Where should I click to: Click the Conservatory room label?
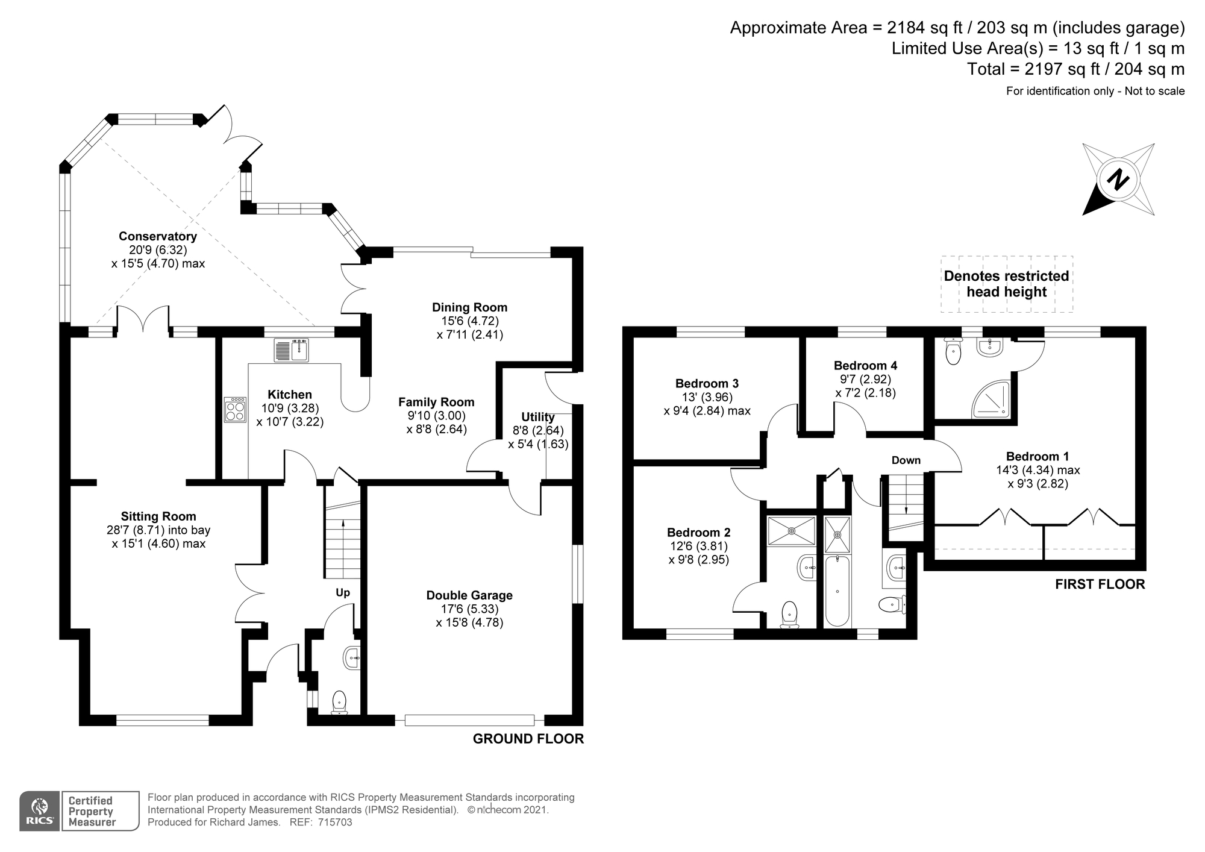pyautogui.click(x=158, y=236)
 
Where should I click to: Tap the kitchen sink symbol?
pyautogui.click(x=291, y=350)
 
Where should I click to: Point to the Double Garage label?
pyautogui.click(x=469, y=595)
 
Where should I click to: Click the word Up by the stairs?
pyautogui.click(x=343, y=592)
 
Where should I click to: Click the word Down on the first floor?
pyautogui.click(x=906, y=460)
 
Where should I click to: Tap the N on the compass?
pyautogui.click(x=1119, y=180)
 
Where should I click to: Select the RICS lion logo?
pyautogui.click(x=40, y=810)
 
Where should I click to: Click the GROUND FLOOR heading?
pyautogui.click(x=528, y=739)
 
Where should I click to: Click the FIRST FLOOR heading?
pyautogui.click(x=1100, y=584)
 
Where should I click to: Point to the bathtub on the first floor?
pyautogui.click(x=837, y=591)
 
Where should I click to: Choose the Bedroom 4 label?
pyautogui.click(x=865, y=365)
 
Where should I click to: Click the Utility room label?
pyautogui.click(x=538, y=417)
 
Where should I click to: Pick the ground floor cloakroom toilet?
pyautogui.click(x=339, y=703)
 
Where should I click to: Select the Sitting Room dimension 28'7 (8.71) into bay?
pyautogui.click(x=158, y=530)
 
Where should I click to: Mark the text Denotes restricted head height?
pyautogui.click(x=1007, y=284)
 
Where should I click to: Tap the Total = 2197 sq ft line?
pyautogui.click(x=1076, y=69)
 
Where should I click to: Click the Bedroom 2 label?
pyautogui.click(x=699, y=533)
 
